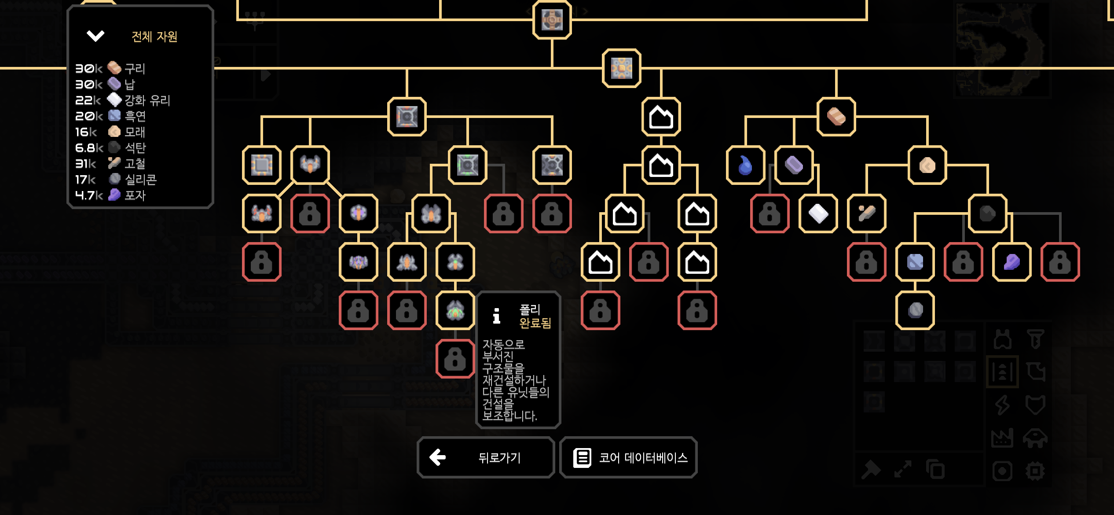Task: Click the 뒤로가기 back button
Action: pos(485,458)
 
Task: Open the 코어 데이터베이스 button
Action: pos(628,458)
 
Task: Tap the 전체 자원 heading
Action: pos(154,37)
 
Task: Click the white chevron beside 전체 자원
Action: pos(95,36)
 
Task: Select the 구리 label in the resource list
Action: pos(135,69)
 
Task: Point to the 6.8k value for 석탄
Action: pos(89,148)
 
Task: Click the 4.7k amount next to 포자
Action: pos(89,195)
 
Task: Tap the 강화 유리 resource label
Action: pos(147,100)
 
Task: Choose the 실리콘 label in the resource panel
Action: pos(141,180)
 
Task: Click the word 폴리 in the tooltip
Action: pos(530,309)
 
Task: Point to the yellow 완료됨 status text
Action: pos(535,323)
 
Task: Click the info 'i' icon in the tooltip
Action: pos(497,316)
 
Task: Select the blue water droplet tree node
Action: pos(745,165)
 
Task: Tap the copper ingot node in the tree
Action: pos(836,117)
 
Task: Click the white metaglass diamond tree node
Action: pos(818,213)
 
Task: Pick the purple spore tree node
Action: pos(1011,262)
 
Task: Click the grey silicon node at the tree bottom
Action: pos(915,310)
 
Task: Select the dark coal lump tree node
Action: pos(987,213)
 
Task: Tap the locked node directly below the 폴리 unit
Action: pos(455,359)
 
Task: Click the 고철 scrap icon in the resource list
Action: pos(114,163)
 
